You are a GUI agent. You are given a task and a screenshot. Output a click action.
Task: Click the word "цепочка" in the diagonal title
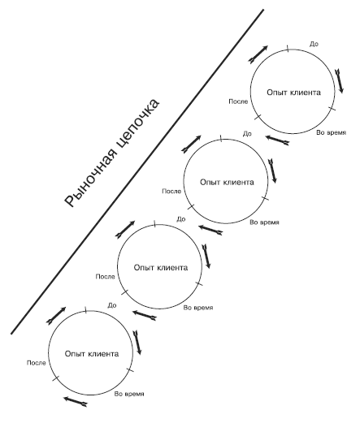tap(137, 126)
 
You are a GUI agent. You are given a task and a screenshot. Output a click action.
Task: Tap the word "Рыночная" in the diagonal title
tap(92, 180)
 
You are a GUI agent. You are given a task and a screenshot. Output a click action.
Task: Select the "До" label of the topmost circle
tap(314, 44)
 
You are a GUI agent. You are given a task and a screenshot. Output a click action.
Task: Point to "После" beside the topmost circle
tap(238, 101)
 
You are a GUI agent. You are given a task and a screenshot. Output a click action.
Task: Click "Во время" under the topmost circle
tap(332, 132)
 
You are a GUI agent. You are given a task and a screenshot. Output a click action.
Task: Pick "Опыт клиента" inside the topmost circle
tap(293, 93)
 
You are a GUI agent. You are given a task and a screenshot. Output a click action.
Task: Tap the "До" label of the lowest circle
tap(112, 305)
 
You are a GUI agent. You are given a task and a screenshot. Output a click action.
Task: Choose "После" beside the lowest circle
tap(37, 363)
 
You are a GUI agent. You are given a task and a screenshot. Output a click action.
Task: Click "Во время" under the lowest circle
tap(129, 394)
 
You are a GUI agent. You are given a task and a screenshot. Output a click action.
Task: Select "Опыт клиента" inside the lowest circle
tap(92, 354)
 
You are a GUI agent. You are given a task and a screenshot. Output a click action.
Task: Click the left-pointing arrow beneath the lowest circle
tap(76, 401)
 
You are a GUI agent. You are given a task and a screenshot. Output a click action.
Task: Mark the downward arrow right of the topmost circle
tap(339, 81)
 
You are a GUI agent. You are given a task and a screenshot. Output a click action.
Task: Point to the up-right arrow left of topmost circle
tap(258, 54)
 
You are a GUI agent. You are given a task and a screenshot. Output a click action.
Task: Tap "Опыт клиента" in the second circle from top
tap(227, 182)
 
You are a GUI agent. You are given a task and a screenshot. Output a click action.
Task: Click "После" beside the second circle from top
tap(171, 192)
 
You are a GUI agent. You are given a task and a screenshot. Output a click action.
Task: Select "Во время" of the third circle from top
tap(198, 308)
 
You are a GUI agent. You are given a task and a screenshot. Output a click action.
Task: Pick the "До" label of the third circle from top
tap(181, 219)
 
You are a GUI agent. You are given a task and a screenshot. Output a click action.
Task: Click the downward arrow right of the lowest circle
tap(137, 343)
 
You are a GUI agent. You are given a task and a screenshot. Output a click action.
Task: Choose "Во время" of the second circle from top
tap(264, 222)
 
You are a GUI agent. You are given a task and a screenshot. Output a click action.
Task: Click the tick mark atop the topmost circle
tap(288, 49)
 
